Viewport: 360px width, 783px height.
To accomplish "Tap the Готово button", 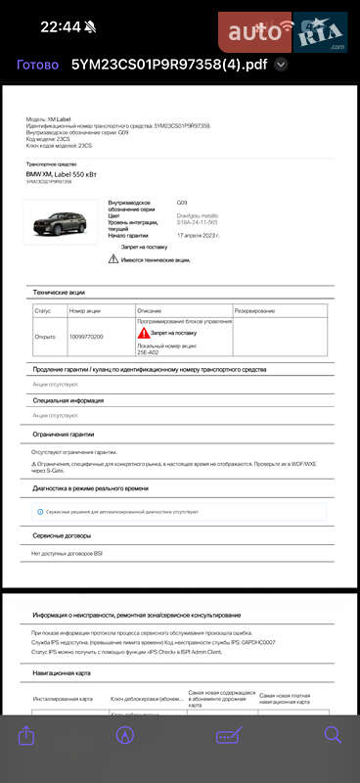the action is [x=37, y=65].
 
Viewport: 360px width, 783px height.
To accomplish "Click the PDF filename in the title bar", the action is [x=168, y=65].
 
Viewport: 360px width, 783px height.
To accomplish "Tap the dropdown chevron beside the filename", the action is [x=282, y=65].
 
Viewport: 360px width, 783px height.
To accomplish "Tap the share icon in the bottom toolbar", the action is [x=27, y=735].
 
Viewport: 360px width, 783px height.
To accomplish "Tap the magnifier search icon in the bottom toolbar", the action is [x=333, y=734].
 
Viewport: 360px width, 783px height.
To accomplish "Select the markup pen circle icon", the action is [x=124, y=735].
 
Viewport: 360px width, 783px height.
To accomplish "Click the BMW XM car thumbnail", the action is [x=62, y=224].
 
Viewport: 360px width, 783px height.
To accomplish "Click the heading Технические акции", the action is [x=59, y=292].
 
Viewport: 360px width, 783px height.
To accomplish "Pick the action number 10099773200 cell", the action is [x=86, y=336].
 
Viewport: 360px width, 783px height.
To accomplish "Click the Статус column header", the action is [x=43, y=310].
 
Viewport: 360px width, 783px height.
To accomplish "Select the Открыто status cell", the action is [x=45, y=336].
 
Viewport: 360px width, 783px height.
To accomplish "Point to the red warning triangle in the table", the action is [x=143, y=333].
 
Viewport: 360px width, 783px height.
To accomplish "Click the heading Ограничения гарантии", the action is [x=63, y=434].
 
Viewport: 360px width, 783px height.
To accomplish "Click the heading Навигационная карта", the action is [x=62, y=673].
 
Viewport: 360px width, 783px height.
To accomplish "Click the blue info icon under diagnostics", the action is [x=39, y=511].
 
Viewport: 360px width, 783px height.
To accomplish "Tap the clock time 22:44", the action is [x=61, y=26].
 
